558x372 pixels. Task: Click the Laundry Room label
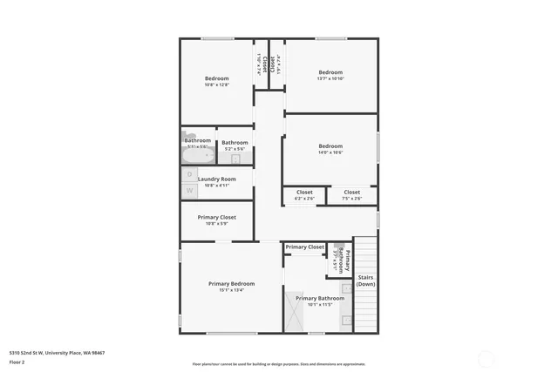coord(216,179)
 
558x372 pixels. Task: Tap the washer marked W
coord(190,191)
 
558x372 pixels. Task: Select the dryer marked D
coord(190,175)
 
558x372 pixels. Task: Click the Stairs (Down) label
coord(366,280)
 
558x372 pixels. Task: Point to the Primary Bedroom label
coord(231,283)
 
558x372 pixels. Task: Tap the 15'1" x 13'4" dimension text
coord(231,291)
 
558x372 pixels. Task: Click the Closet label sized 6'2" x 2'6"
coord(304,192)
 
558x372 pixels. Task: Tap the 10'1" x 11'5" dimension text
coord(319,305)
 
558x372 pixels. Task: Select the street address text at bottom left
coord(57,353)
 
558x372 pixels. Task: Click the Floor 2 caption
coord(17,361)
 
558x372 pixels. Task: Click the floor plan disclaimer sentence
coord(278,364)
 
